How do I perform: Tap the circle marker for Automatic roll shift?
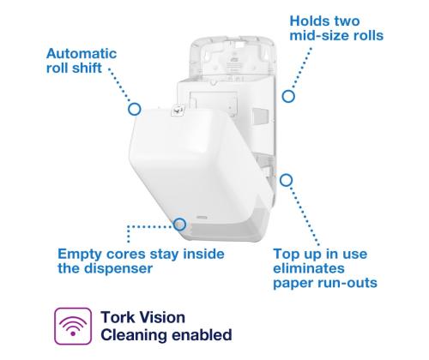pos(134,109)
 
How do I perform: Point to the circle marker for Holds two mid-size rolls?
pos(289,96)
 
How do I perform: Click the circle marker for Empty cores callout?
pos(180,225)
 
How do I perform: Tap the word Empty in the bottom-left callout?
pos(79,254)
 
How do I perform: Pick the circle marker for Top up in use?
pos(287,180)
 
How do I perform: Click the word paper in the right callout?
pos(295,284)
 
